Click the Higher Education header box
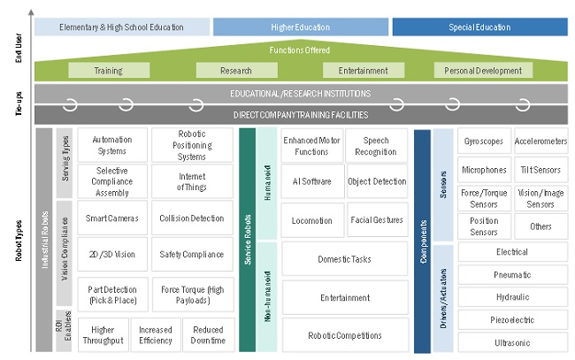pyautogui.click(x=300, y=27)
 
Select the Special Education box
pyautogui.click(x=479, y=27)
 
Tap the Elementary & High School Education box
pyautogui.click(x=122, y=27)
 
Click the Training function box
pyautogui.click(x=108, y=70)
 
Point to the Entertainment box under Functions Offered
pyautogui.click(x=356, y=70)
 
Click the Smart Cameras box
pyautogui.click(x=111, y=218)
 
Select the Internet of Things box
pyautogui.click(x=192, y=181)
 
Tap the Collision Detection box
pyautogui.click(x=192, y=218)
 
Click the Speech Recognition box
pyautogui.click(x=376, y=145)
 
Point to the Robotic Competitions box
pyautogui.click(x=345, y=335)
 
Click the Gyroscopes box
pyautogui.click(x=483, y=141)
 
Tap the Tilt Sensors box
pyautogui.click(x=540, y=170)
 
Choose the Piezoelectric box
pyautogui.click(x=511, y=318)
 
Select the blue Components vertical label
pyautogui.click(x=422, y=239)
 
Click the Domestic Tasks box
pyautogui.click(x=345, y=259)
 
